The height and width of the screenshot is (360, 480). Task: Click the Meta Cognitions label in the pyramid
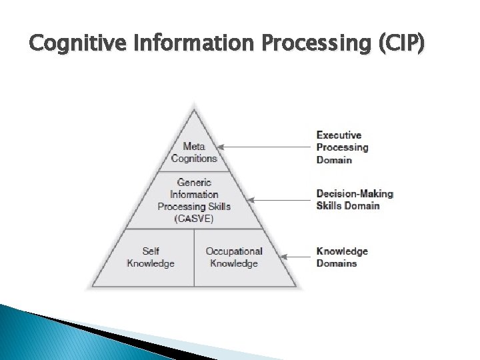tap(194, 153)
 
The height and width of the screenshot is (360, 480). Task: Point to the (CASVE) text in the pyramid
tap(194, 219)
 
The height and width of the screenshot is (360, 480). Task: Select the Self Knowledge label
tap(151, 257)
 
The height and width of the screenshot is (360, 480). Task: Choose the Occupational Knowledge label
tap(234, 257)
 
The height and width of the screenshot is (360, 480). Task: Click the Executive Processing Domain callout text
tap(343, 147)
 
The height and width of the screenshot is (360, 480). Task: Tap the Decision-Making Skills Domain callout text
tap(355, 199)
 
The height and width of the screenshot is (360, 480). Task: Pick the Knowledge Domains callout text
tap(342, 257)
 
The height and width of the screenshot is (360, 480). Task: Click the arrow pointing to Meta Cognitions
tap(267, 147)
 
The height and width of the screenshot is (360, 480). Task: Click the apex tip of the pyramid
tap(194, 105)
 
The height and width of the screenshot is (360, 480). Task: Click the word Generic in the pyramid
tap(194, 183)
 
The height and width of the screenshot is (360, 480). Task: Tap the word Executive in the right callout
tap(339, 135)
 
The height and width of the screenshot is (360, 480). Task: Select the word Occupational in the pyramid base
tap(234, 251)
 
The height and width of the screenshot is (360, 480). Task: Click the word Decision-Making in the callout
tap(355, 194)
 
